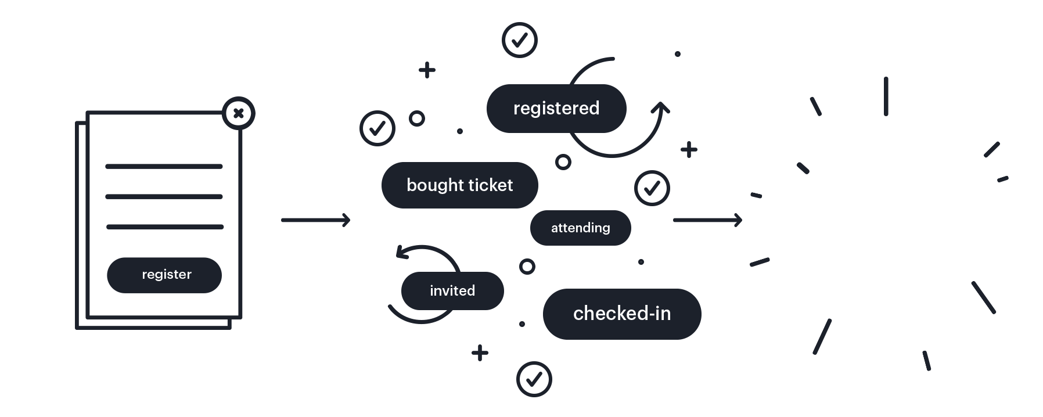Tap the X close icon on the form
pos(238,113)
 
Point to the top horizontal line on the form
pos(164,167)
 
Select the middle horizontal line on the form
pos(164,197)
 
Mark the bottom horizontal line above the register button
pos(165,227)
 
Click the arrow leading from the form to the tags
pos(315,220)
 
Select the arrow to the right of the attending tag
pos(707,220)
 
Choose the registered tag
pos(556,109)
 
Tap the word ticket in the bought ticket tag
pos(491,185)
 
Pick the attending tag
pos(580,228)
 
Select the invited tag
pos(452,290)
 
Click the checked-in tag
pos(622,314)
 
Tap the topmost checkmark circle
pos(520,40)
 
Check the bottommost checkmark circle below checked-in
pos(534,379)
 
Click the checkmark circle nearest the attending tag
pos(652,188)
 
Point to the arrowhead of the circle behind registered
pos(660,108)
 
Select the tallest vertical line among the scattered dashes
pos(886,96)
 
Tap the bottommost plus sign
pos(480,353)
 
